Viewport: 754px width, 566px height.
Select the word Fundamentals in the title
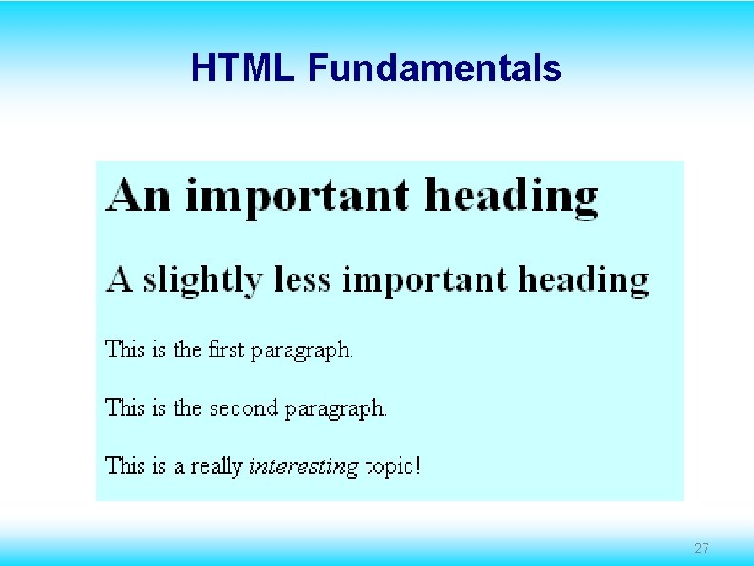coord(434,68)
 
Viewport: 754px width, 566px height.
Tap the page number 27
coord(702,548)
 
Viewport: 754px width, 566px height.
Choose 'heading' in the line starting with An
coord(512,198)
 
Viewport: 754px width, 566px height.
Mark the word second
coord(243,408)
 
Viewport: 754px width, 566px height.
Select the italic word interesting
coord(303,467)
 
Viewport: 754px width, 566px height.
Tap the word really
coord(217,467)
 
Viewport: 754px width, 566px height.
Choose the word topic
coord(388,467)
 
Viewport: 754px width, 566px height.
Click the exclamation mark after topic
coord(417,466)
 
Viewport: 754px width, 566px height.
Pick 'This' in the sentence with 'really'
coord(123,465)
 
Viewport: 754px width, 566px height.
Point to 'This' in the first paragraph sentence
coord(123,349)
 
